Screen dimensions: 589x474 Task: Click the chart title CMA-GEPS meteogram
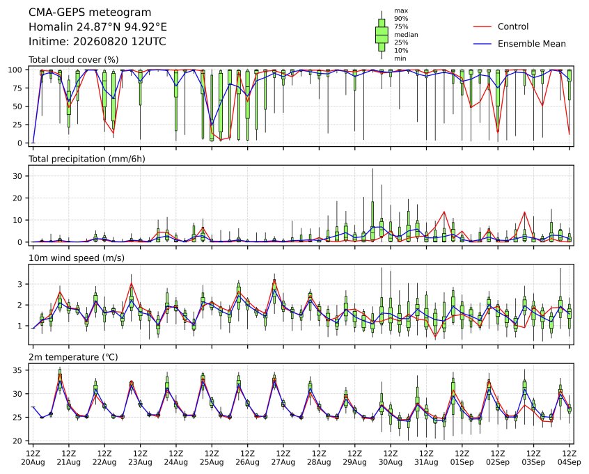click(90, 13)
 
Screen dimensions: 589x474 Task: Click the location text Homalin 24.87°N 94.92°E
click(97, 27)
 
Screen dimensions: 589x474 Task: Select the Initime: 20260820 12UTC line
click(97, 41)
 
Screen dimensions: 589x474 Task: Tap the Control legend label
click(512, 26)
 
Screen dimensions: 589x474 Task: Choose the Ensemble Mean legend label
click(531, 44)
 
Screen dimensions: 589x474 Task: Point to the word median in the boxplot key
click(406, 35)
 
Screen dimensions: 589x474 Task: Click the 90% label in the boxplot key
click(401, 18)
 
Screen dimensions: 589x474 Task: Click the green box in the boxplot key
click(382, 35)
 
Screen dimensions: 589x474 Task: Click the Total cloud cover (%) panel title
click(74, 60)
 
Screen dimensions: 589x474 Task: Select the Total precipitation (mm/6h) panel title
click(87, 159)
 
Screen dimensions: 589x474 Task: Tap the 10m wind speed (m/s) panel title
click(77, 258)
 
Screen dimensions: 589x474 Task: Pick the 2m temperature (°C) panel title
click(73, 357)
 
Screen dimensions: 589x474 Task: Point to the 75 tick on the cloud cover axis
click(17, 88)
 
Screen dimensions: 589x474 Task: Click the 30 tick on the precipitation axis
click(17, 176)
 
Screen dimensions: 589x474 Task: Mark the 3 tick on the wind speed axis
click(20, 284)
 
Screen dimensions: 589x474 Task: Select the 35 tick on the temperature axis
click(17, 370)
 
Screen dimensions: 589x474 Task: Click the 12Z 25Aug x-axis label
click(212, 458)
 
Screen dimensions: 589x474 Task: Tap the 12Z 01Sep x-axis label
click(462, 458)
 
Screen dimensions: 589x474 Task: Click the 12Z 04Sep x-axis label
click(570, 458)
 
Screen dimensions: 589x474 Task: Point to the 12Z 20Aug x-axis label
click(33, 458)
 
